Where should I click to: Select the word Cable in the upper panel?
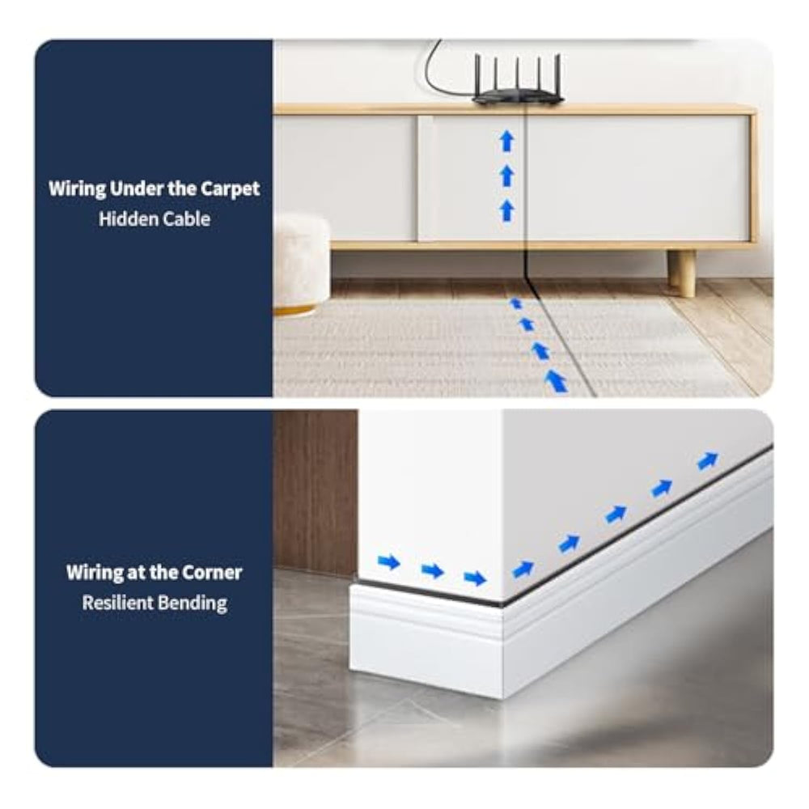[x=187, y=218]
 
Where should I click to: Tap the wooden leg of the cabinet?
[x=680, y=273]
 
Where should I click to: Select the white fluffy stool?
[x=300, y=263]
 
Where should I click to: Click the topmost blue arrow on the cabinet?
[x=507, y=142]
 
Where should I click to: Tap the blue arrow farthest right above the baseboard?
[x=708, y=460]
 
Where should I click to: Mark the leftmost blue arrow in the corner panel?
[x=389, y=561]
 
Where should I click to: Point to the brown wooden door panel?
[x=316, y=493]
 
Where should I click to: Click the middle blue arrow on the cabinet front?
[x=507, y=176]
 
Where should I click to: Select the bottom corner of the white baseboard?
[x=502, y=698]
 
